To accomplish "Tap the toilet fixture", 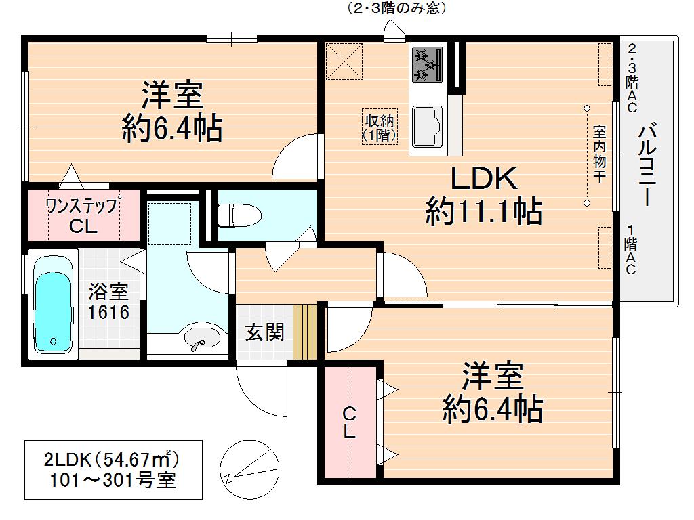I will (x=239, y=215).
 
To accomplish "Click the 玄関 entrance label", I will (x=264, y=332).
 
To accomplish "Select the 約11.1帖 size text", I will (x=484, y=213).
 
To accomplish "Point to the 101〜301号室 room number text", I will (x=113, y=481).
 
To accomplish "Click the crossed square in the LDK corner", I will (x=342, y=60).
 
